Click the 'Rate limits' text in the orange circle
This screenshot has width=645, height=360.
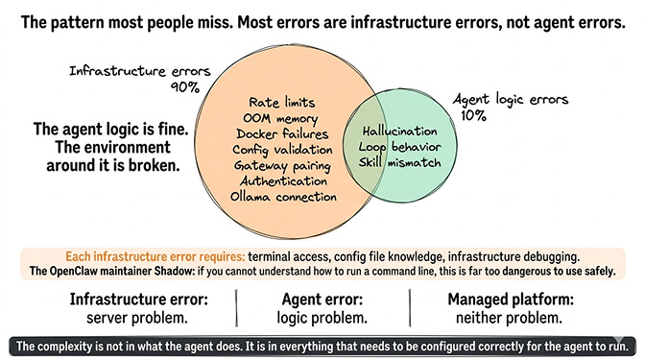[x=282, y=101]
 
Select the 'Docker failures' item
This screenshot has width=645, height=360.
[x=282, y=133]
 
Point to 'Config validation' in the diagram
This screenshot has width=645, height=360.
[x=283, y=149]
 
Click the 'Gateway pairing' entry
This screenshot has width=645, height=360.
[x=283, y=165]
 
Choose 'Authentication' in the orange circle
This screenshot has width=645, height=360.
[x=283, y=180]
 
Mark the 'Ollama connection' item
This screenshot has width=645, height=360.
[x=283, y=197]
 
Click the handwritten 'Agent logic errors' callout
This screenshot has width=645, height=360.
[x=511, y=99]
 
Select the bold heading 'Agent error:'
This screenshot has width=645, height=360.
[x=322, y=300]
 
